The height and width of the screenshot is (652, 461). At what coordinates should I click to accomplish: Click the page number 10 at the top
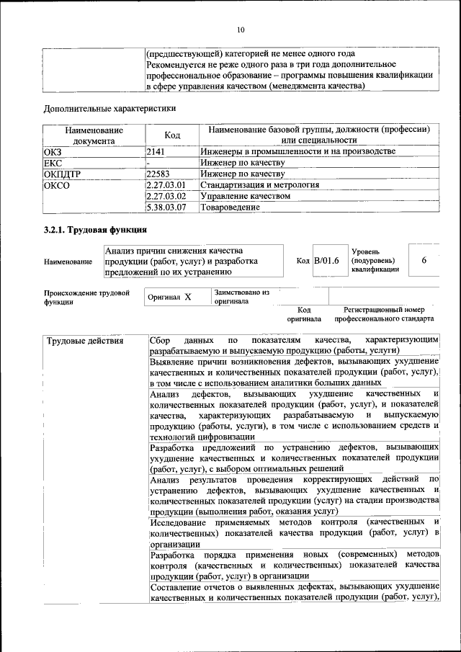point(241,30)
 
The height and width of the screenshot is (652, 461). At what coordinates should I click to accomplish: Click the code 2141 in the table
point(156,151)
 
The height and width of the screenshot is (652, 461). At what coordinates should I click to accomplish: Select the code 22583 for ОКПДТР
point(158,174)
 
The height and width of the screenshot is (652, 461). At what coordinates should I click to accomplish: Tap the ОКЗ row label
point(53,151)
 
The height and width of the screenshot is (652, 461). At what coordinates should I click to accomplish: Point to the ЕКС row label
point(53,163)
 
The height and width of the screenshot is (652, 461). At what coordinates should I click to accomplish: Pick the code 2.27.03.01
point(166,185)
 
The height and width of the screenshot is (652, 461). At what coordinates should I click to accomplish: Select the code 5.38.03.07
point(166,207)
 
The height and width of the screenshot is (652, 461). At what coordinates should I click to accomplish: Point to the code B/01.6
point(326,259)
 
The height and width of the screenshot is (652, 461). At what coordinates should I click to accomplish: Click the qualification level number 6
point(425,259)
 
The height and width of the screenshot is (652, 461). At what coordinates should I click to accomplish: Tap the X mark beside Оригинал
point(187,297)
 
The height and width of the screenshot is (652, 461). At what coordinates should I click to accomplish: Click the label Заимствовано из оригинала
point(241,297)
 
